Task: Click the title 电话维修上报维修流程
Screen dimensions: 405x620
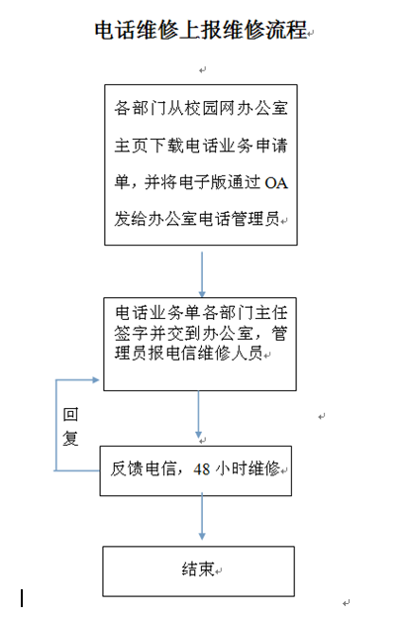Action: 201,30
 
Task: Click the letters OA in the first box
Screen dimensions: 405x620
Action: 276,183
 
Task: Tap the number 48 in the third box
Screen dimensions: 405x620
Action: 201,468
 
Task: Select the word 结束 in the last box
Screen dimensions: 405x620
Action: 198,569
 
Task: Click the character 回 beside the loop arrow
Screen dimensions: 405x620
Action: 70,414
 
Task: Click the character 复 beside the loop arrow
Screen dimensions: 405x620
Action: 70,438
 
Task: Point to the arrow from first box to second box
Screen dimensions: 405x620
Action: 202,274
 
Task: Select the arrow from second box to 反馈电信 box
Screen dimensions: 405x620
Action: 199,414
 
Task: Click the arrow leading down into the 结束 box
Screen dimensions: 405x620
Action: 202,516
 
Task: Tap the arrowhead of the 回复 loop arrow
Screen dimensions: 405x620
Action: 96,380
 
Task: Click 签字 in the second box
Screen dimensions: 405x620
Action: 132,334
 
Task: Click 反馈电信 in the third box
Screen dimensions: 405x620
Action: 143,468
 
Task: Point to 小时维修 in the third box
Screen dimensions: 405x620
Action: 248,468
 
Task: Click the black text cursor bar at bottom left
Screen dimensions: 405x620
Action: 22,598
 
